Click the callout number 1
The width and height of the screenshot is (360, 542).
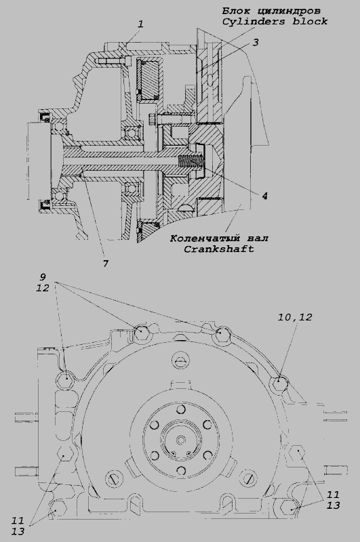(x=140, y=24)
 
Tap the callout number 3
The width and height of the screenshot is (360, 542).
(x=256, y=43)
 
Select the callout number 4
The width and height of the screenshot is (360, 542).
(x=264, y=196)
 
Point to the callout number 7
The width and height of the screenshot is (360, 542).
(x=106, y=264)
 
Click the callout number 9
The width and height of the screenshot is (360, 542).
(x=43, y=277)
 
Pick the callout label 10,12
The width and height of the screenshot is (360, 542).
(x=295, y=317)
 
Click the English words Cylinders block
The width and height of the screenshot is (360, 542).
(x=275, y=22)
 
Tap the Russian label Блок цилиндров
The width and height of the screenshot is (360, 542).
(x=271, y=11)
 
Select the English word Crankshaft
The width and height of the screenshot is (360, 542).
(x=219, y=249)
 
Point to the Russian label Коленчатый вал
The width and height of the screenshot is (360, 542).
(x=219, y=238)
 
